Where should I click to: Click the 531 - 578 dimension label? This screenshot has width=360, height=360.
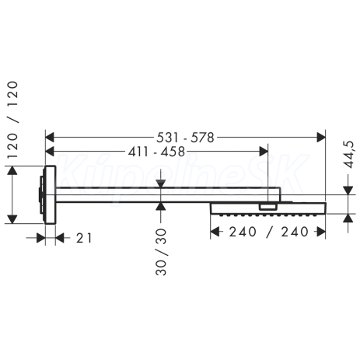pos(185,138)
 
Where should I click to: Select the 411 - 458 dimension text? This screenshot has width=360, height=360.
pos(156,152)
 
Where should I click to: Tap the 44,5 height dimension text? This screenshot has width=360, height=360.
pos(350,155)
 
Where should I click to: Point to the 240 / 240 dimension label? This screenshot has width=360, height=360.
pos(268,232)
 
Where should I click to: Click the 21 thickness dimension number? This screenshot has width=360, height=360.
pos(84,238)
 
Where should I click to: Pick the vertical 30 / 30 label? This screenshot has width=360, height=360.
pos(161,252)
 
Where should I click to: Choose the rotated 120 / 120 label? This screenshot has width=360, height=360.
pos(12,120)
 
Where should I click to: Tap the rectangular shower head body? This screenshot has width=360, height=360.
pos(268,208)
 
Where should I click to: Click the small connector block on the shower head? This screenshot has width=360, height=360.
pos(268,207)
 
